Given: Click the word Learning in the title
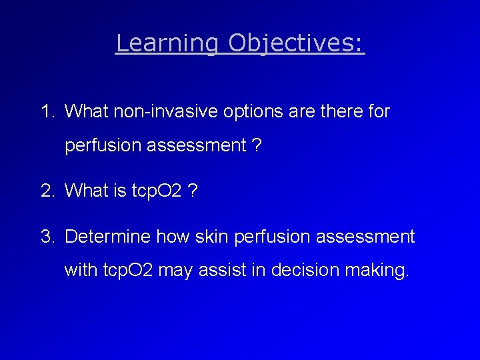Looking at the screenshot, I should tap(167, 43).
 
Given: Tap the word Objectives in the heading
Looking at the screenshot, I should tap(296, 43).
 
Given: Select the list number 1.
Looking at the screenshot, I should tap(47, 111).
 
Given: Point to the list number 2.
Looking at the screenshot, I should tap(47, 191).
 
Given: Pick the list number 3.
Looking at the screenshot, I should tap(47, 237).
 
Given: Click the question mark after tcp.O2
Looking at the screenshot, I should tap(193, 191).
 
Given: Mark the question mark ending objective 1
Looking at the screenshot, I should tap(257, 146).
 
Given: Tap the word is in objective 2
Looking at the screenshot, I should tap(119, 191).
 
